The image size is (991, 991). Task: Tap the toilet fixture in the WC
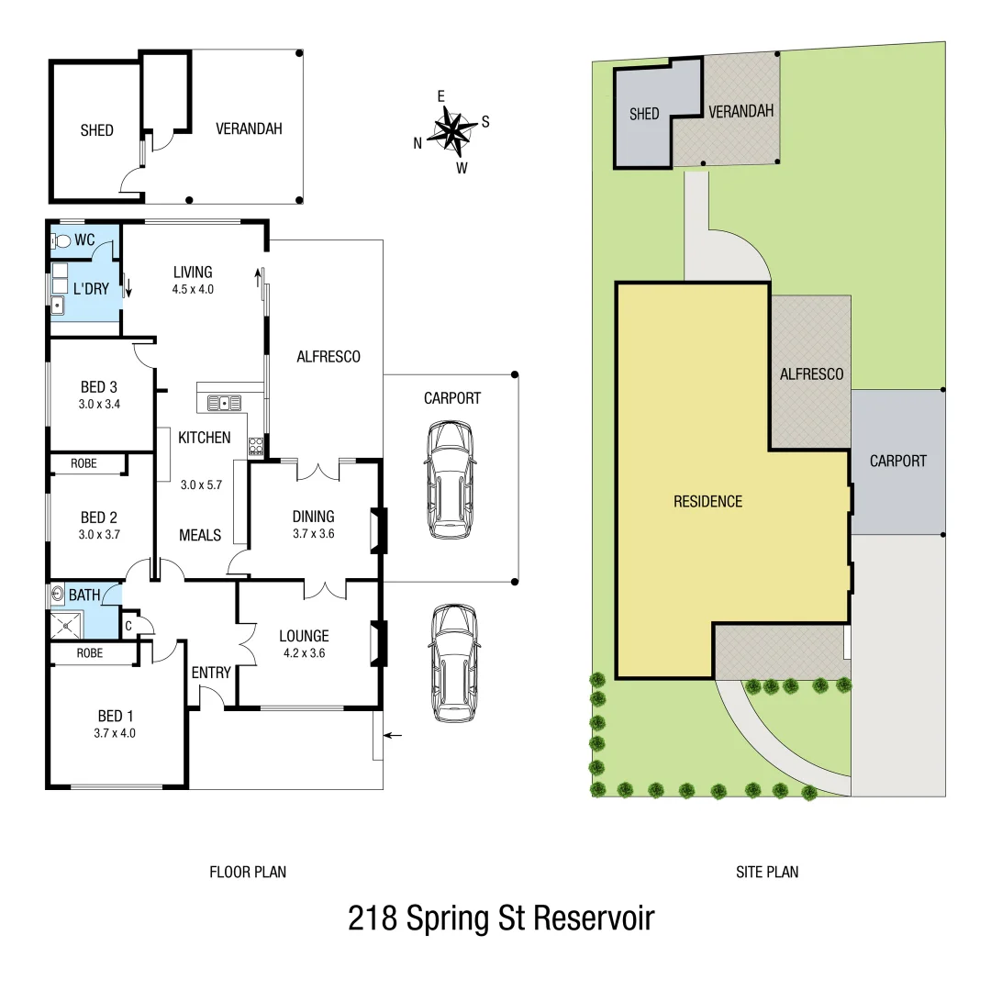tap(62, 241)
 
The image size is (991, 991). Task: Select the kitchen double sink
tap(224, 402)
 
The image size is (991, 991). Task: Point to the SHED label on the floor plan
tap(96, 130)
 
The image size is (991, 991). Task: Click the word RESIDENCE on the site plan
tap(707, 501)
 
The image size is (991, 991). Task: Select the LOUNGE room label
tap(304, 636)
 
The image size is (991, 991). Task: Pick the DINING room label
tap(313, 516)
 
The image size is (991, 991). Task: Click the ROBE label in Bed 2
tap(84, 463)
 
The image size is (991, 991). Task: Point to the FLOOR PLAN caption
tap(248, 872)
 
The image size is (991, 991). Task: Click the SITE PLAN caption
tap(767, 872)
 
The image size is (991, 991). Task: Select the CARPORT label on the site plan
tap(897, 461)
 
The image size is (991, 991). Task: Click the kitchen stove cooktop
tap(256, 447)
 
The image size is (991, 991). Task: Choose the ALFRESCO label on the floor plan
tap(328, 356)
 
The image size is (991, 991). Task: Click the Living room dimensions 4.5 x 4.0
tap(193, 289)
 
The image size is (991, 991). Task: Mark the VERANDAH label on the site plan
tap(741, 111)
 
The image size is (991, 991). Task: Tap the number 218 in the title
tap(372, 918)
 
